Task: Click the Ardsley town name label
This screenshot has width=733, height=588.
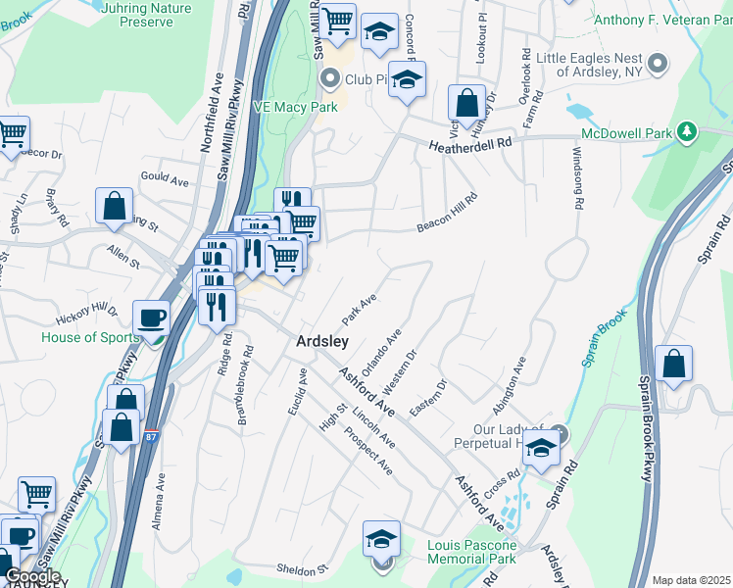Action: [x=322, y=341]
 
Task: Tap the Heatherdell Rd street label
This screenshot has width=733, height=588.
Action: [x=470, y=143]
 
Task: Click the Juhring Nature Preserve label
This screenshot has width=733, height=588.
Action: [x=146, y=14]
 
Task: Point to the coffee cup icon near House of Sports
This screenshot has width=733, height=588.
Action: [x=151, y=318]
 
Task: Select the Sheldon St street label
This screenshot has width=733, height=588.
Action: [x=301, y=569]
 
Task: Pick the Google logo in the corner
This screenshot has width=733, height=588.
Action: [x=33, y=576]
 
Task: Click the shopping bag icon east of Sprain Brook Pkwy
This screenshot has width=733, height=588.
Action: [x=673, y=364]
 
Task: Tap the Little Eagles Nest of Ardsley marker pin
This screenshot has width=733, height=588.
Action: [x=659, y=64]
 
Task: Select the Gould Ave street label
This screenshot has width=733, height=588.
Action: [x=165, y=181]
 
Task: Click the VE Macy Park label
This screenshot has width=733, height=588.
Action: [x=296, y=106]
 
